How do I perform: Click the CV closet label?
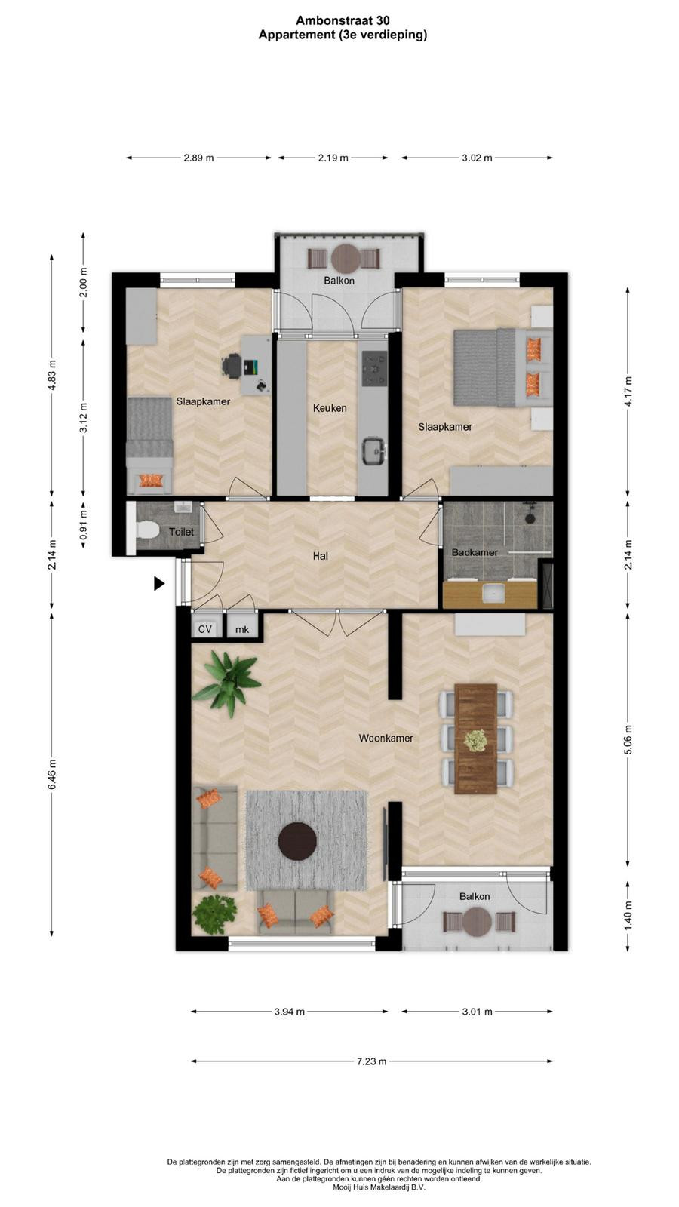pos(204,629)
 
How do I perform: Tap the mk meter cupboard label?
pos(242,629)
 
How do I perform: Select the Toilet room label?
pos(181,532)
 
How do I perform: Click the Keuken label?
pos(330,408)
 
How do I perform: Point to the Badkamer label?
pos(475,552)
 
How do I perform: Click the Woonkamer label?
pos(386,739)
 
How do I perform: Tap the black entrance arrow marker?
pos(159,583)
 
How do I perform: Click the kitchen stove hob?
pos(374,369)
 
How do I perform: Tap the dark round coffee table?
pos(297,841)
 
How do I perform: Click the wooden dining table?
pos(476,739)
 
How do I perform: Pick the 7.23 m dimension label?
pos(371,1061)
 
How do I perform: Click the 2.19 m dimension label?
pos(333,158)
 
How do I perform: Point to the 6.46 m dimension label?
pos(52,774)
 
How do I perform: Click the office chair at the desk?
pos(232,367)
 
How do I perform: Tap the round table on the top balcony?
pos(346,260)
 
